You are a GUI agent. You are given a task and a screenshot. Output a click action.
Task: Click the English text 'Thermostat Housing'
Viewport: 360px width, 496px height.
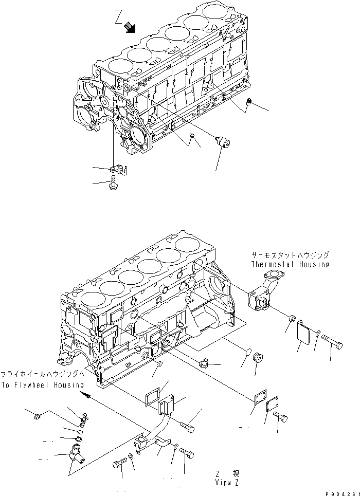pos(290,264)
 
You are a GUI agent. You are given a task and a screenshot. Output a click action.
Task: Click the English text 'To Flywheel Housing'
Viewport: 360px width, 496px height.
pos(43,385)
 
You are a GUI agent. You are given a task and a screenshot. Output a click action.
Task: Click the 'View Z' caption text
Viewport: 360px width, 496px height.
pos(228,483)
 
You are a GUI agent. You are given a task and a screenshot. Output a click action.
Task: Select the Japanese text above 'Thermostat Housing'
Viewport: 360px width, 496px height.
pos(290,255)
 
